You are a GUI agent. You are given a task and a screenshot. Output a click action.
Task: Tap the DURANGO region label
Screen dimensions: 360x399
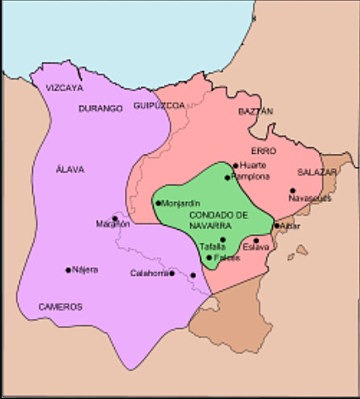[x=101, y=108]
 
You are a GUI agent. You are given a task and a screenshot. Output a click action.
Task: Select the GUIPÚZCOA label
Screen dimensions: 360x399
[x=158, y=107]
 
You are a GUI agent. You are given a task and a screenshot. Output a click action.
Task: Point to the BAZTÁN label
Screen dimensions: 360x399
[x=256, y=111]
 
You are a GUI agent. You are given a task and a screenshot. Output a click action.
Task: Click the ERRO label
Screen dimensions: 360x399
[x=264, y=150]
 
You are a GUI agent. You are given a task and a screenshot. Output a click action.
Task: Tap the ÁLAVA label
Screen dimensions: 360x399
[x=69, y=169]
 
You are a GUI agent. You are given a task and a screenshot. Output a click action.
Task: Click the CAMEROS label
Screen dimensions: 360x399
[x=60, y=307]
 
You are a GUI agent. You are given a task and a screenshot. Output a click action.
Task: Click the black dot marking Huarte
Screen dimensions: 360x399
[x=235, y=166]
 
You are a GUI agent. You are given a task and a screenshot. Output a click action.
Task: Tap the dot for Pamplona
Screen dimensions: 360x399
[x=227, y=177]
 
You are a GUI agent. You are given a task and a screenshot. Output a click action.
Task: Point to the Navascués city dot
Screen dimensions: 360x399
[x=292, y=191]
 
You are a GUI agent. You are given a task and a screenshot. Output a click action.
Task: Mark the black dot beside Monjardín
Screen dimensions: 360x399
[x=158, y=204]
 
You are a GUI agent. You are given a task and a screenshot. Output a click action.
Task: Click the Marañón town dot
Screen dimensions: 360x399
[x=114, y=218]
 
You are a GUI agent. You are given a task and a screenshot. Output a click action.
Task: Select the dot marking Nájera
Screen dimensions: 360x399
[x=68, y=271]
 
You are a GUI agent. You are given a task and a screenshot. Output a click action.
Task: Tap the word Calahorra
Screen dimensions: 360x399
[x=148, y=273]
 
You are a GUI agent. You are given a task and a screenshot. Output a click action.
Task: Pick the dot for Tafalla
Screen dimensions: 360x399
[x=222, y=240]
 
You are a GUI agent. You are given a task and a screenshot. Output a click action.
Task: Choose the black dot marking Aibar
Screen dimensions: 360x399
[x=276, y=226]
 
